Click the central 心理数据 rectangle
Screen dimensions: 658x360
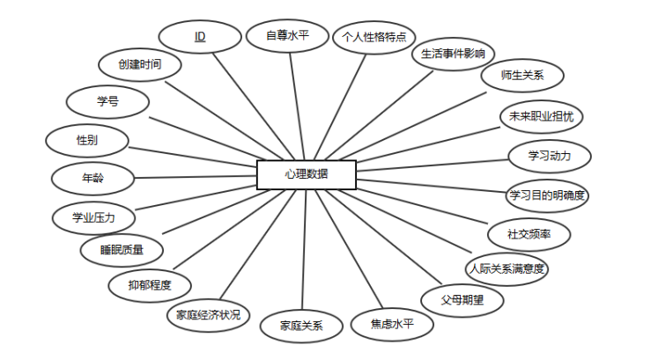[x=307, y=174]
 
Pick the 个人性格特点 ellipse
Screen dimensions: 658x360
[x=373, y=37]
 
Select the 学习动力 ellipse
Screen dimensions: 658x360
[x=549, y=156]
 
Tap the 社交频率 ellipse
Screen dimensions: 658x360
[x=529, y=234]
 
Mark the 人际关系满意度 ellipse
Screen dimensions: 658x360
[x=506, y=268]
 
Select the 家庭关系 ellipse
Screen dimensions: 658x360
[x=301, y=326]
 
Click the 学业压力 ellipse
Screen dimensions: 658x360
[x=93, y=216]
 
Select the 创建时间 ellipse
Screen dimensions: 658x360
[x=140, y=64]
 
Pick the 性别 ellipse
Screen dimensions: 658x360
[x=87, y=140]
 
